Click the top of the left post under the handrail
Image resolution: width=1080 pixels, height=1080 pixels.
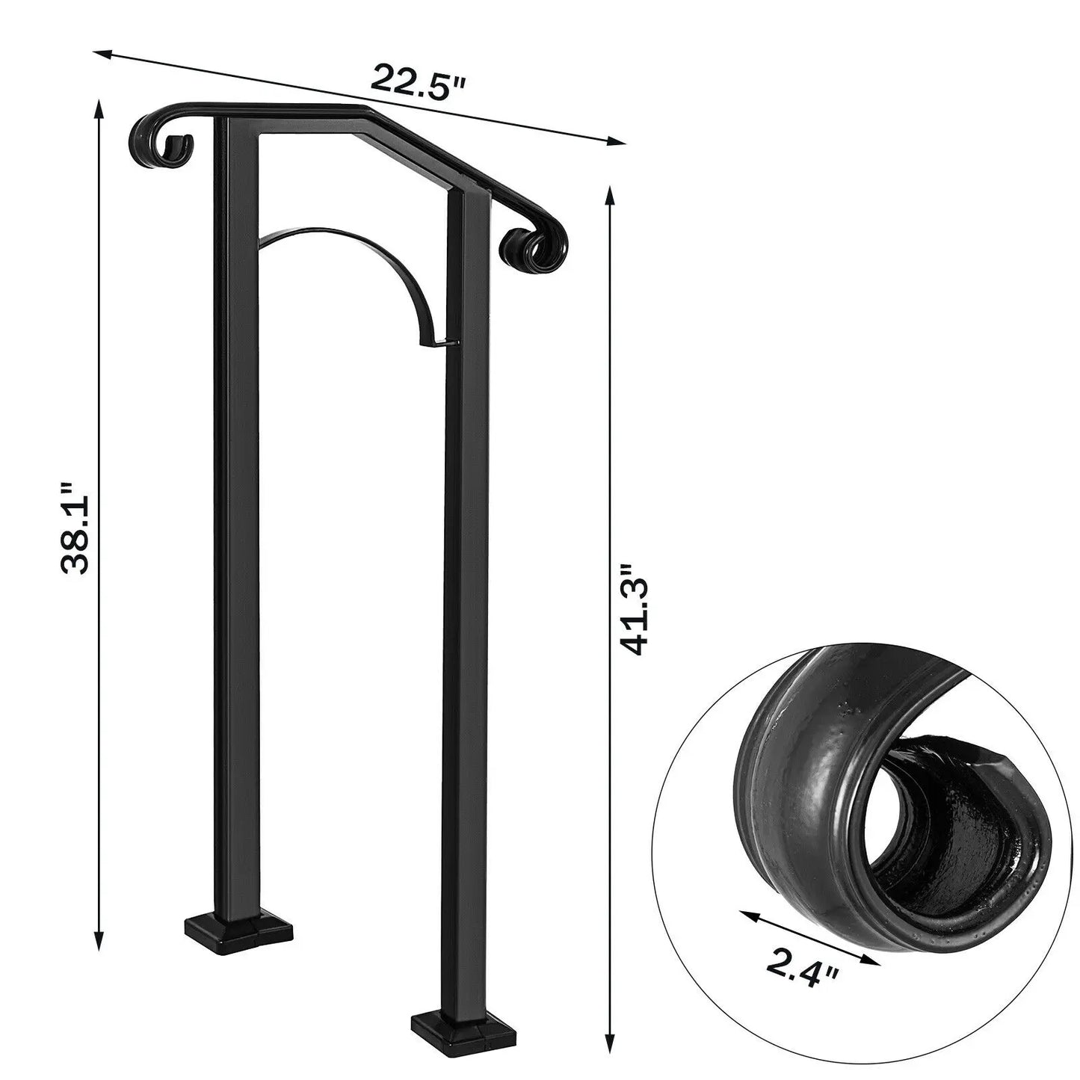click(x=236, y=127)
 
